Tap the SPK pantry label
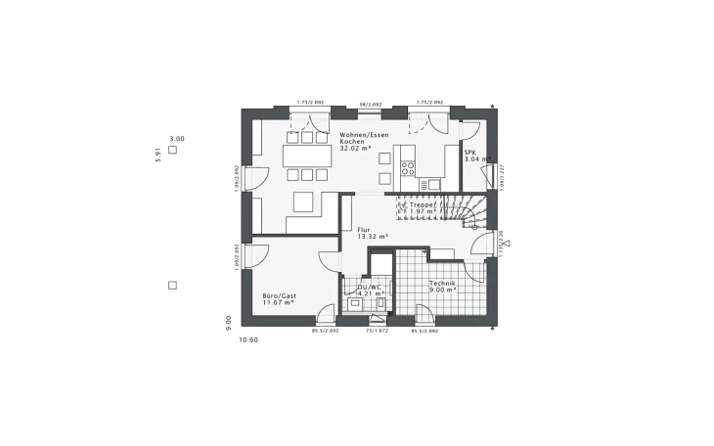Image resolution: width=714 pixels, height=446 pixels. pos(470,156)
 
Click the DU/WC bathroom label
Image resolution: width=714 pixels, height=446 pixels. pos(368,290)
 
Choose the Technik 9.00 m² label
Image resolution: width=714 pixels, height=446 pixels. pos(443,286)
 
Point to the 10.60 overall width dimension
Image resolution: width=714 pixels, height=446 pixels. pos(247,339)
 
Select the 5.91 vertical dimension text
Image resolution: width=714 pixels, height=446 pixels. pos(157,156)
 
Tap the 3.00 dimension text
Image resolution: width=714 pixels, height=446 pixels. pos(176,139)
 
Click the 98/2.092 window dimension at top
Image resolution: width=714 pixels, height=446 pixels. pos(371,103)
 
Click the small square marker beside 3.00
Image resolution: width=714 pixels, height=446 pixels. pos(172,150)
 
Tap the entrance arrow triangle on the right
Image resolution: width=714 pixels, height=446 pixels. pos(507,245)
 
